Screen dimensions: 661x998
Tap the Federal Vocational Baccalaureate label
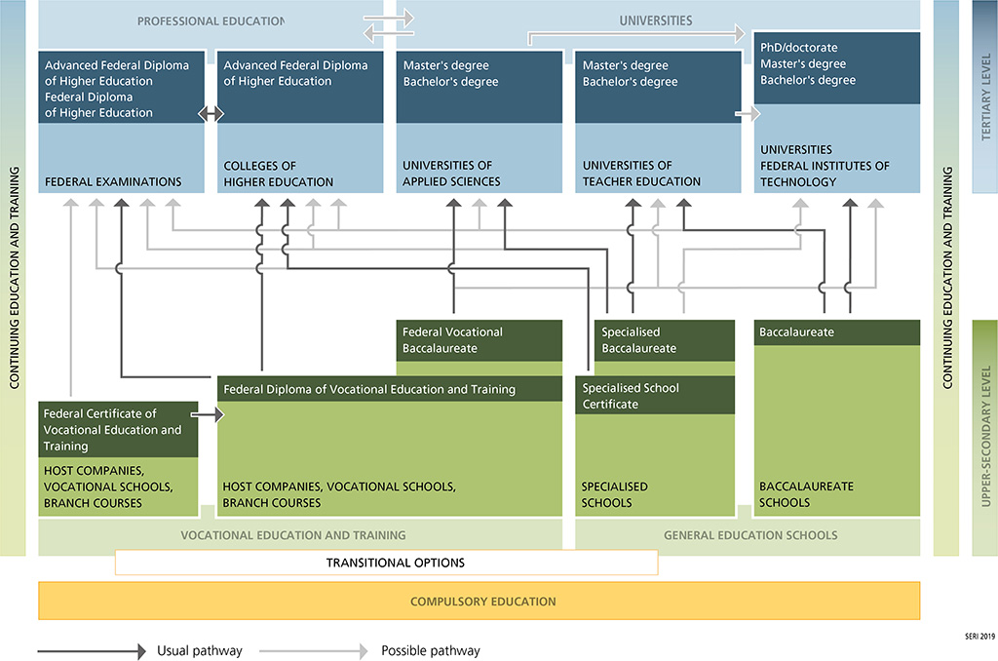(x=453, y=340)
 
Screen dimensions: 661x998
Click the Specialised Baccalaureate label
(x=639, y=340)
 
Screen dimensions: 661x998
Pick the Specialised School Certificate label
(x=631, y=396)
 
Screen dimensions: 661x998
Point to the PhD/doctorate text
(x=798, y=48)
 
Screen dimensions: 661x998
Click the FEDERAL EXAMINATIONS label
(x=113, y=181)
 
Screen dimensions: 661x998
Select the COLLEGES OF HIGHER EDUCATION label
(x=279, y=174)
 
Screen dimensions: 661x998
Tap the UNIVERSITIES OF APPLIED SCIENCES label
(x=451, y=174)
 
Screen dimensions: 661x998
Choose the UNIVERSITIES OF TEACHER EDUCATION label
(x=641, y=174)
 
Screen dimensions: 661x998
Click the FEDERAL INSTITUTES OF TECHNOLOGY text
(x=825, y=174)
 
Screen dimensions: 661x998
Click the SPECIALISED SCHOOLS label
(x=615, y=494)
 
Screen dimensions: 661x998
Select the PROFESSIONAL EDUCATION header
(x=211, y=20)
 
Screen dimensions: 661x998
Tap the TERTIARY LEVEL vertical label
(x=984, y=98)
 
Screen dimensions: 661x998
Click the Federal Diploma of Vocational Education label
(x=369, y=389)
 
